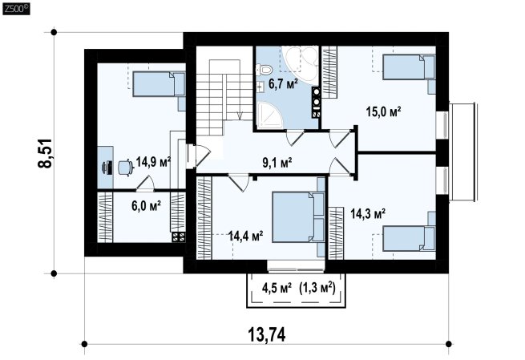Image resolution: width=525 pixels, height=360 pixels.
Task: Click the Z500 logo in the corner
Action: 16,9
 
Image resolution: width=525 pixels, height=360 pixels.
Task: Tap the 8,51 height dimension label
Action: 45,153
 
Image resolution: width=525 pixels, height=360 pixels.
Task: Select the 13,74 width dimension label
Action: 267,334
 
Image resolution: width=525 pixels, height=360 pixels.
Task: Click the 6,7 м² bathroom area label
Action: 283,83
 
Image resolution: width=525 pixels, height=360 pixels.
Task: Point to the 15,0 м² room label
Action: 384,111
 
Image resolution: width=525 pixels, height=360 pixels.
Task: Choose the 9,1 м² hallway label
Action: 277,163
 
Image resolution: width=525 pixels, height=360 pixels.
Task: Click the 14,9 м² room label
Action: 154,162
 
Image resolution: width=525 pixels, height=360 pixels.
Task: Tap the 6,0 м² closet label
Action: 147,205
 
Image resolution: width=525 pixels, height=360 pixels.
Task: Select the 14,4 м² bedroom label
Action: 245,236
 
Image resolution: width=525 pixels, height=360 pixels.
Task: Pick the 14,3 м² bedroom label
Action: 368,213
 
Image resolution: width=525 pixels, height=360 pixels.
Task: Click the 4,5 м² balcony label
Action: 277,287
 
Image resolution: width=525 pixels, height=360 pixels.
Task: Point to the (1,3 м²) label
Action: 317,287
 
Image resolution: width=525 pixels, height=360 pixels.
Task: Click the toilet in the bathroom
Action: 265,70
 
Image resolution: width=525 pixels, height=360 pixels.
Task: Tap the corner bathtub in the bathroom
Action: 300,63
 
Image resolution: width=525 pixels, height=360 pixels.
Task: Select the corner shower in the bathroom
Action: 271,115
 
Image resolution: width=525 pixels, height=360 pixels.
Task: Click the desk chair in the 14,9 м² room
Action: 126,168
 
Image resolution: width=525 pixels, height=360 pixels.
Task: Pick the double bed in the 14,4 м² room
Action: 298,216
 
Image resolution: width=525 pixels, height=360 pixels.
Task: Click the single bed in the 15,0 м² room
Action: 409,67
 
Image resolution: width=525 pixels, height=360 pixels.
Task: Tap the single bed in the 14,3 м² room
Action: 409,238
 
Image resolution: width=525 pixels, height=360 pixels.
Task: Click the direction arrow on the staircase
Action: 240,115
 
